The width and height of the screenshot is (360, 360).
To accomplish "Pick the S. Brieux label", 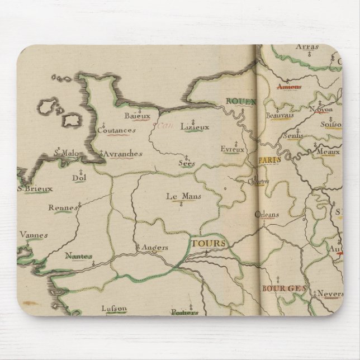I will click(35, 188).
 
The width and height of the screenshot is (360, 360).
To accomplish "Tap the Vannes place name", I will click(34, 235).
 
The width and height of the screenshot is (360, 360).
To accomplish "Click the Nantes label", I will click(78, 255).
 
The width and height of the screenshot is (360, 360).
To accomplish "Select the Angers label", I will click(151, 247).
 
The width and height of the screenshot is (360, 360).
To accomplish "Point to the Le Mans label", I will click(183, 196).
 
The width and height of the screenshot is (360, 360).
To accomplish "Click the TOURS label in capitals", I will click(209, 244).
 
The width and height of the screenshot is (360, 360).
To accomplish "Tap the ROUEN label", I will click(240, 102).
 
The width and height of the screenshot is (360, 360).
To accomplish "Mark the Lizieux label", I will click(195, 127).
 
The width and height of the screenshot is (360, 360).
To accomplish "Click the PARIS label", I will click(269, 159).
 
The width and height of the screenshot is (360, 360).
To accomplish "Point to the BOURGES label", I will click(284, 288).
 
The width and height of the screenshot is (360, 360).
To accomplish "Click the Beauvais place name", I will click(280, 115).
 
